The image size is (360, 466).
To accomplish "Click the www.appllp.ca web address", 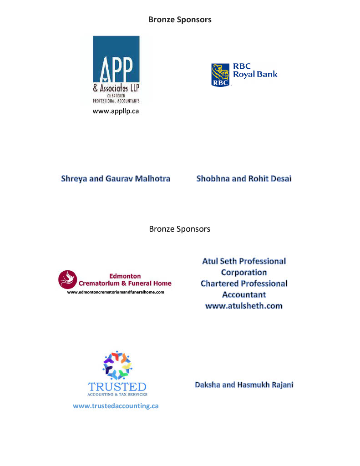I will coord(116,111).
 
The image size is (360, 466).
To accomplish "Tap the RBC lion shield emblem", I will coord(220,75).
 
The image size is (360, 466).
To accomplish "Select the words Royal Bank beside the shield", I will coord(255,74).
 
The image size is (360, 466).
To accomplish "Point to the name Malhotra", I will coord(151,179).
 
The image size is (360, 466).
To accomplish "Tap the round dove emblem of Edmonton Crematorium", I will coord(68,279).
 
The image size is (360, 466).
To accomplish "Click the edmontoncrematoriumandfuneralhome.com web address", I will coord(116,292).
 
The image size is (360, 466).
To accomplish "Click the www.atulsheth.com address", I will coord(244,306).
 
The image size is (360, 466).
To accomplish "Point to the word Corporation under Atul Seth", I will coord(244,273).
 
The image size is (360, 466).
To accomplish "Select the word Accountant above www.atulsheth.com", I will coord(244,295).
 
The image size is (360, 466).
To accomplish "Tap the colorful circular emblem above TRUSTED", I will coord(117,365).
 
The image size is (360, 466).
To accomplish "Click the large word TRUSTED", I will coord(117,387).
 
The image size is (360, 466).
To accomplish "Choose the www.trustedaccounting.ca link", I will coord(116,406).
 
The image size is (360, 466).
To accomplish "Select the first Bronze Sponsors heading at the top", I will coord(180,20).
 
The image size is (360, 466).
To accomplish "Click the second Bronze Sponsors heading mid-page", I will coord(180,229).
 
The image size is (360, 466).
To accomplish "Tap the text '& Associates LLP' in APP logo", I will coord(116,89).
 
